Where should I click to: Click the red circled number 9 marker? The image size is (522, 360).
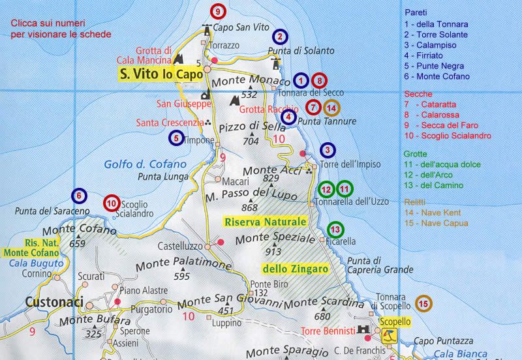[218, 10]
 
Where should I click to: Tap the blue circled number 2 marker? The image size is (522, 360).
[281, 37]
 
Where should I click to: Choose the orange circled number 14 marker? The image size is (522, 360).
[332, 108]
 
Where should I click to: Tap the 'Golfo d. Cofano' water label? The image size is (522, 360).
[136, 164]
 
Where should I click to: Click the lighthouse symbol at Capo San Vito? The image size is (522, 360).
[208, 29]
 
